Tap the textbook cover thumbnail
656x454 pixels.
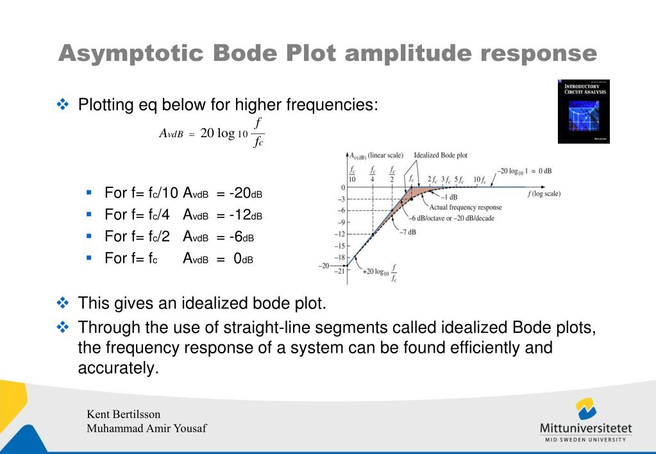pyautogui.click(x=583, y=111)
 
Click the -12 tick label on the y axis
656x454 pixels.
pyautogui.click(x=341, y=234)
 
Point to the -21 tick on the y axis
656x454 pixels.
pyautogui.click(x=341, y=271)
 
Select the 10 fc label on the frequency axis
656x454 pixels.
pyautogui.click(x=479, y=179)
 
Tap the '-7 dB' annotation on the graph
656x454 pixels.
pyautogui.click(x=407, y=231)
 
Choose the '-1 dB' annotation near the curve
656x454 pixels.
pyautogui.click(x=448, y=197)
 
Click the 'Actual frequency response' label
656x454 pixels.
pyautogui.click(x=466, y=207)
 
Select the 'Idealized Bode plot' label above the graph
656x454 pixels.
pyautogui.click(x=441, y=155)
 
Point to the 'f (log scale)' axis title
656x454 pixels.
pyautogui.click(x=544, y=194)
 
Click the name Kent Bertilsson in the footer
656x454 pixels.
pyautogui.click(x=124, y=414)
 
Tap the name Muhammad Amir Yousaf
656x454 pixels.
pyautogui.click(x=147, y=428)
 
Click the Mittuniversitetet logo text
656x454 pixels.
pyautogui.click(x=586, y=428)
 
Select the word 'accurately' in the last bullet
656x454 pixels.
pyautogui.click(x=117, y=369)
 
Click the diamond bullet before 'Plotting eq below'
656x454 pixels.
pyautogui.click(x=63, y=104)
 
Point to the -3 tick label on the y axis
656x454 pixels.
pyautogui.click(x=342, y=199)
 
